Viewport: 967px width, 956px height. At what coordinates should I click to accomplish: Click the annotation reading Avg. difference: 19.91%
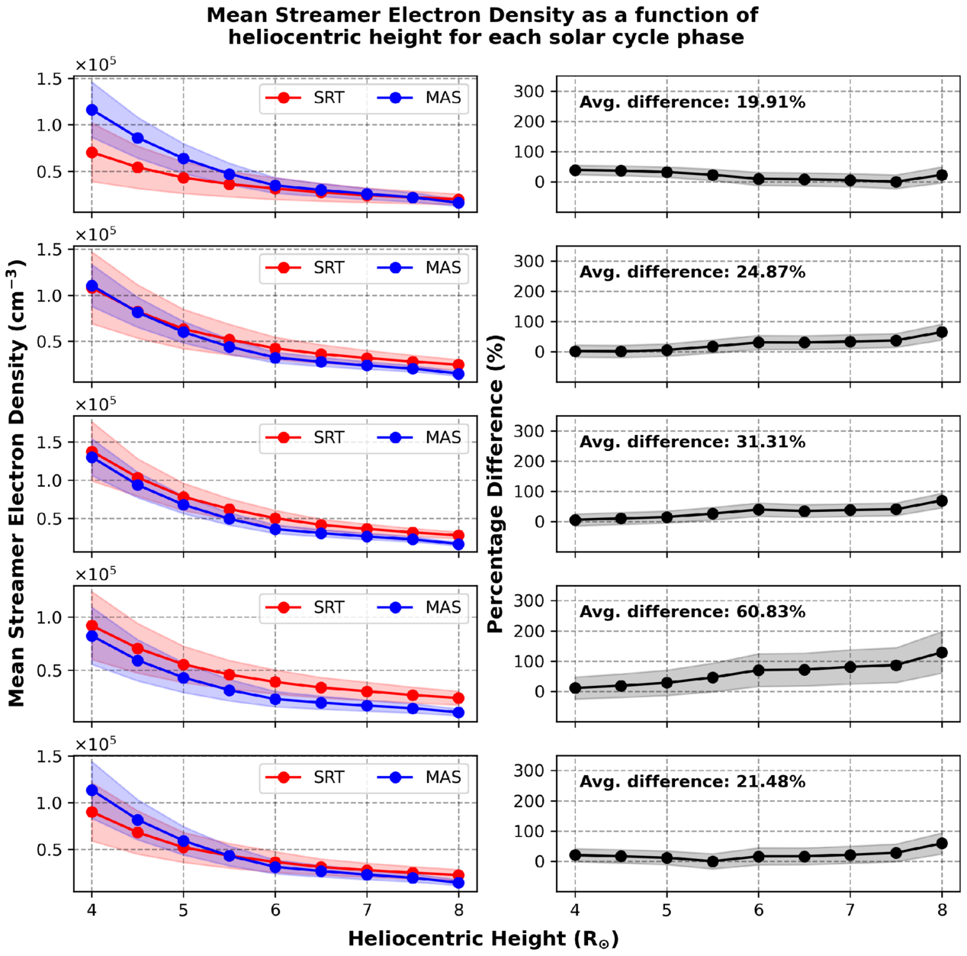692,102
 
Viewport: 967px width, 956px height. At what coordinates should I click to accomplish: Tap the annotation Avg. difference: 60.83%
692,612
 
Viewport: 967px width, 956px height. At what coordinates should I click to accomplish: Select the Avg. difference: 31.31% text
692,442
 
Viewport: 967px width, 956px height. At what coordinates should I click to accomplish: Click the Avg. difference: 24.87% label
692,272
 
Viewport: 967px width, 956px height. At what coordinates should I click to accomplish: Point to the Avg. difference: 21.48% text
692,781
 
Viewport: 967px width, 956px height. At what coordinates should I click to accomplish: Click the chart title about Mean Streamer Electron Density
483,26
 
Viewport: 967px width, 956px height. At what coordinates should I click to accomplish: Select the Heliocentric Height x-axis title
483,938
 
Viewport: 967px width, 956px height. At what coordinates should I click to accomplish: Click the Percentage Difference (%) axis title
496,484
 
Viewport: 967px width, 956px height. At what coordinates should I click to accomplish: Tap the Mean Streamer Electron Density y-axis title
17,484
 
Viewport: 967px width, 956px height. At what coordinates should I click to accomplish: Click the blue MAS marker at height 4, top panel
92,110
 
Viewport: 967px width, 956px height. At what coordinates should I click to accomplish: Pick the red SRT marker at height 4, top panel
92,153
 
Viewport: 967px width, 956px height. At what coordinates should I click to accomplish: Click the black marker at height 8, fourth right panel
942,652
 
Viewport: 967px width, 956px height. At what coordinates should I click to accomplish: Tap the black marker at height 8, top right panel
942,175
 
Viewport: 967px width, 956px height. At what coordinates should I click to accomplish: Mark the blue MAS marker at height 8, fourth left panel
458,713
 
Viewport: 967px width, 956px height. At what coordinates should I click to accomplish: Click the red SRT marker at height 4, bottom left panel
92,812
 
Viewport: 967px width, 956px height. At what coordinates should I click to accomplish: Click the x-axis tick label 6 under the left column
275,909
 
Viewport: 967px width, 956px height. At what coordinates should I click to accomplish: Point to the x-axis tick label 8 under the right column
942,909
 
